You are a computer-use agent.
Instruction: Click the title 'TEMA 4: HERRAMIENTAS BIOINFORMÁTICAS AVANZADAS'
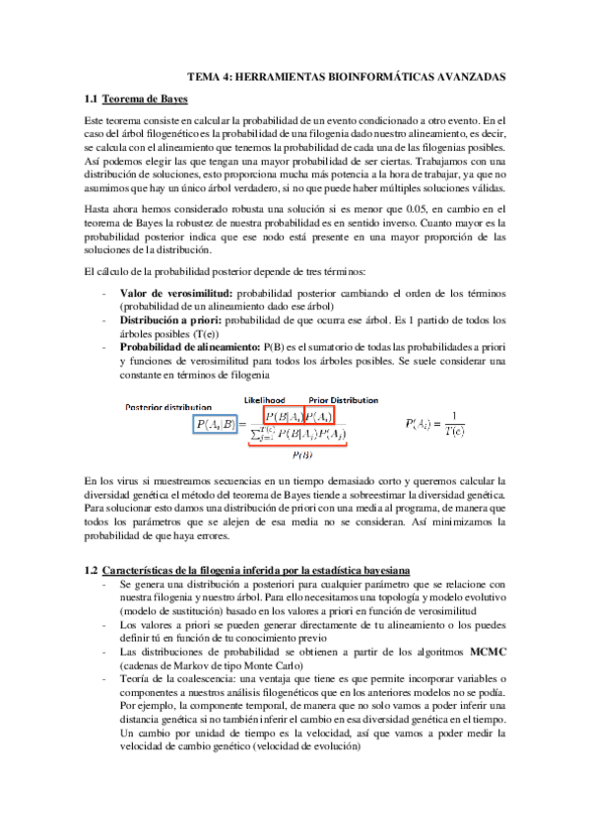tap(347, 75)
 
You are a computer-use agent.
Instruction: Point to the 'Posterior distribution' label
tap(167, 406)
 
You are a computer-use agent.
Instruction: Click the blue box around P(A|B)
tap(216, 425)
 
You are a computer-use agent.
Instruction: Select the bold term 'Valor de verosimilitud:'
tap(176, 294)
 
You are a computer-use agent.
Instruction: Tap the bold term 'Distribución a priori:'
tap(171, 320)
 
